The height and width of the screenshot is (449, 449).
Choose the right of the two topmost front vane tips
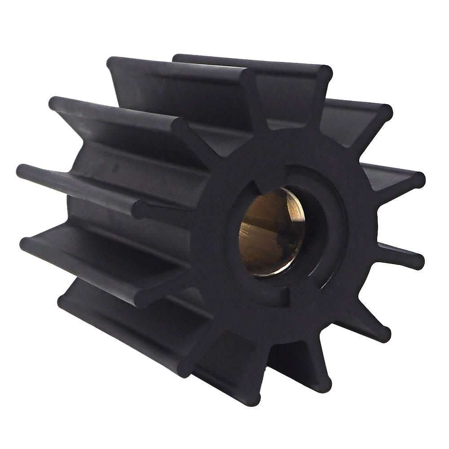[325, 75]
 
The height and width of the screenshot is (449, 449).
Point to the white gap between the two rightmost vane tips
[404, 220]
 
